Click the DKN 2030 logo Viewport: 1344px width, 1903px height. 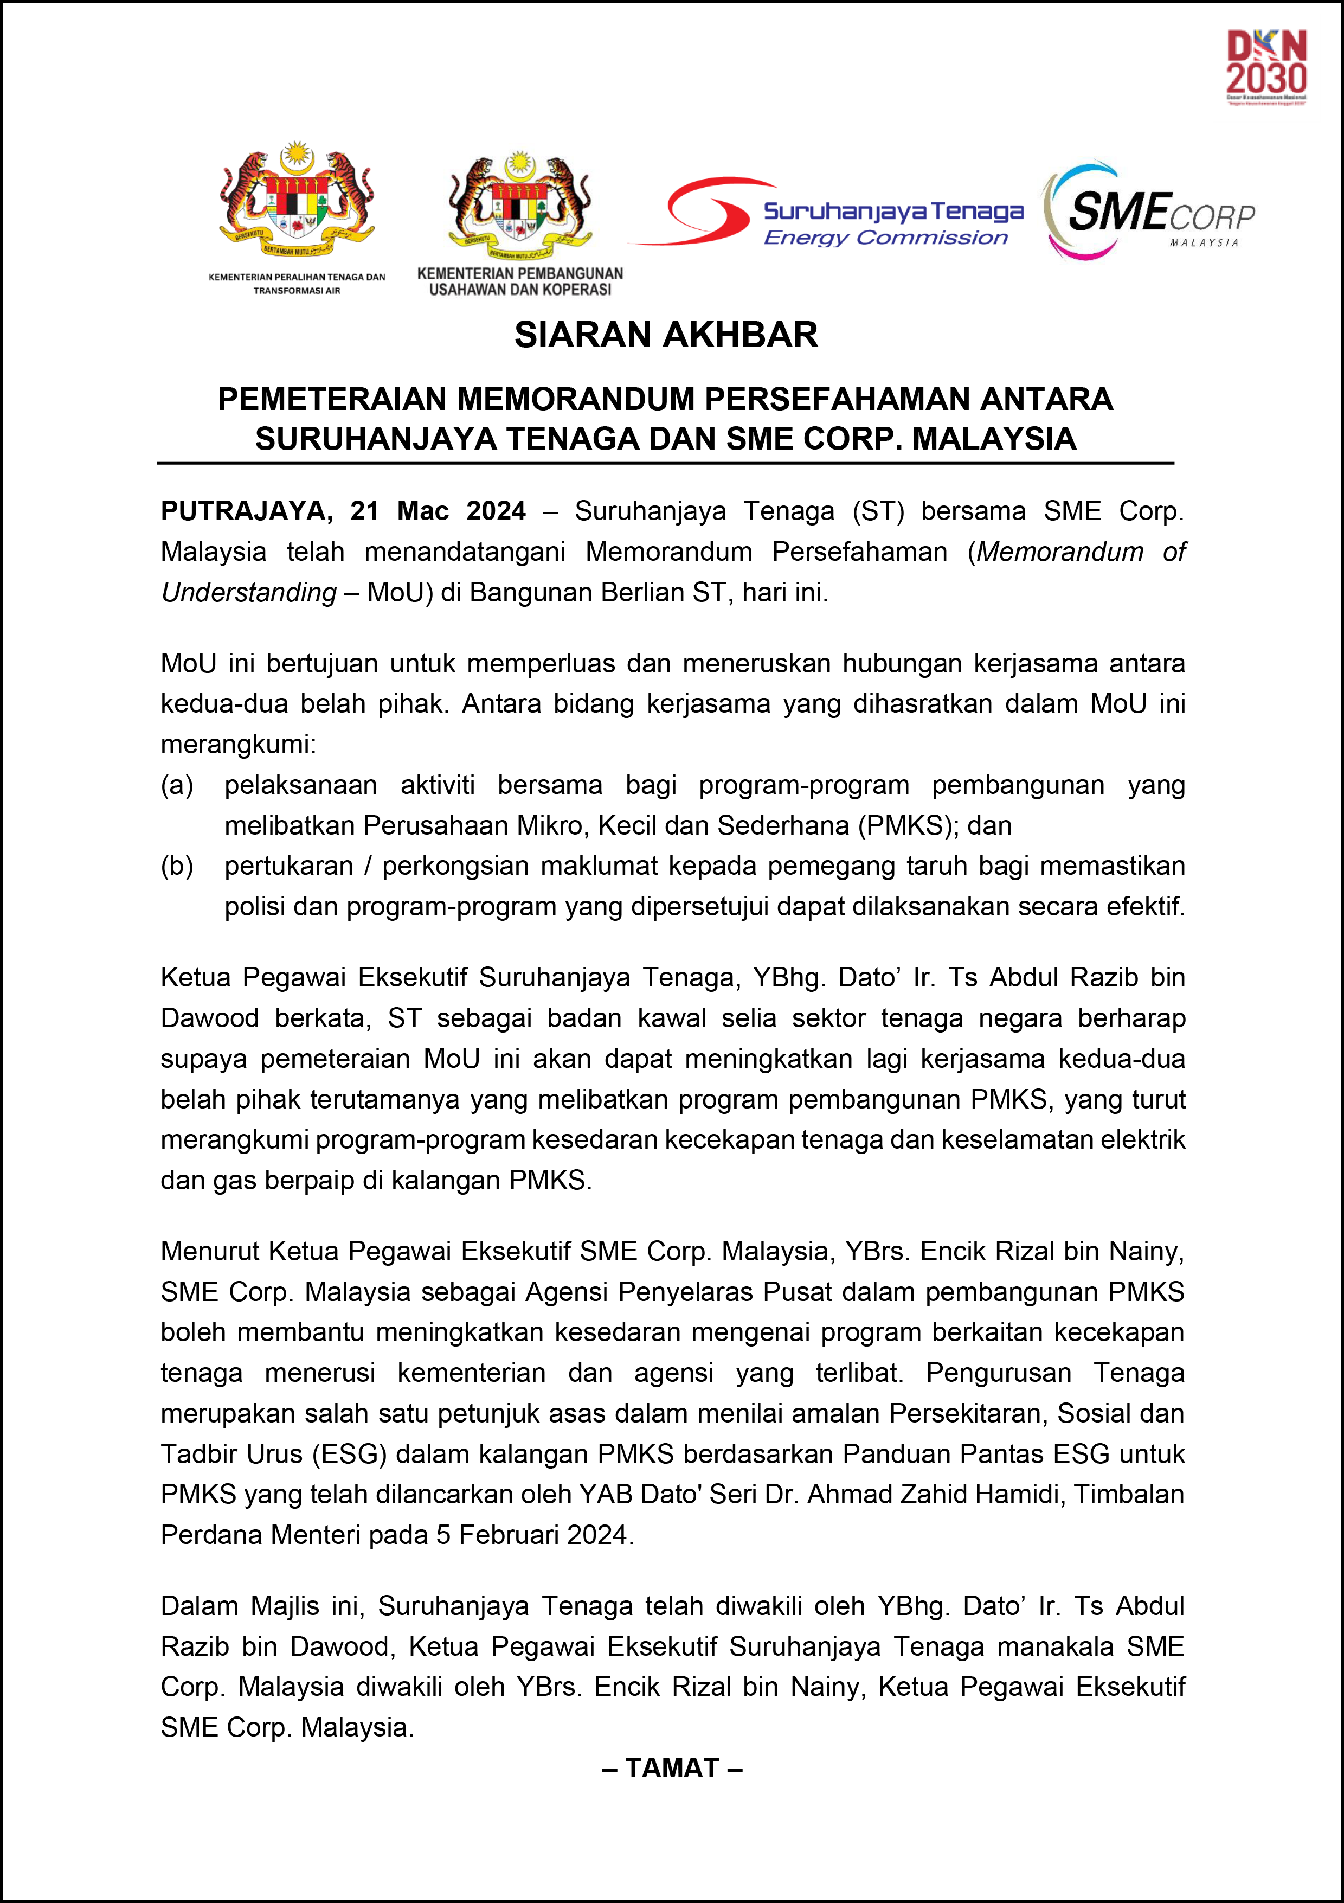click(1266, 66)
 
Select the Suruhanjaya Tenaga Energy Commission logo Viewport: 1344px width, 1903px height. click(827, 213)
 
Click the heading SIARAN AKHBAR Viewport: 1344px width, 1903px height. click(666, 335)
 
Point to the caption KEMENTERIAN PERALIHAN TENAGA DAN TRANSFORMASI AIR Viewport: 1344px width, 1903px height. click(297, 284)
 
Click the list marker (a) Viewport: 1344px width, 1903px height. click(177, 785)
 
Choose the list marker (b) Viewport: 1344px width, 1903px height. click(177, 866)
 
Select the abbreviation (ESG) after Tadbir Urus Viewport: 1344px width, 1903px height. click(350, 1454)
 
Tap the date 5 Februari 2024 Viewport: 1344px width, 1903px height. click(535, 1535)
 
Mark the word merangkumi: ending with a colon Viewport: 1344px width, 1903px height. click(239, 744)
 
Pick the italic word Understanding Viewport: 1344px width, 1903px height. click(249, 593)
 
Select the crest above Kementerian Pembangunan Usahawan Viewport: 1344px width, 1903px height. click(519, 203)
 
